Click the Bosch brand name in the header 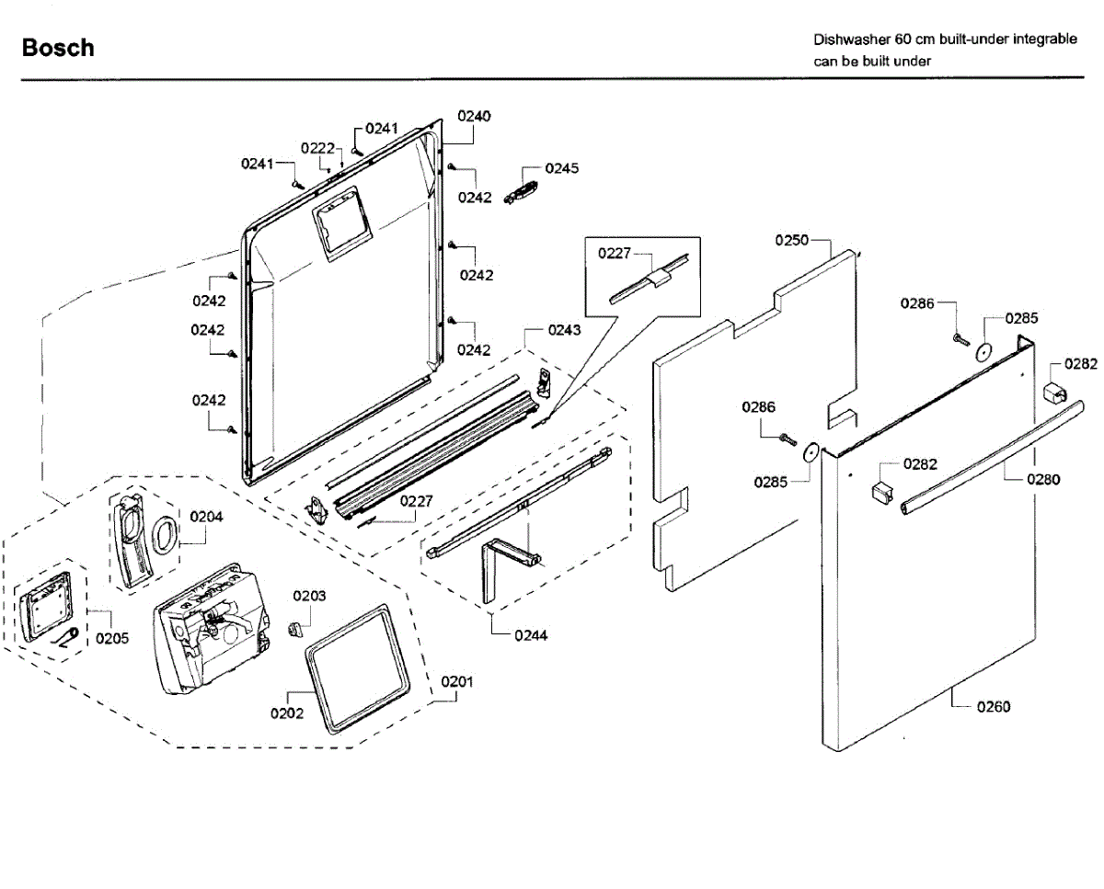coord(58,48)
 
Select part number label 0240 coord(474,117)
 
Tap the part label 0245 coord(562,168)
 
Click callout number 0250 coord(791,240)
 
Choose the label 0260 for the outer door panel coord(994,707)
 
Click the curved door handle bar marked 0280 coord(993,457)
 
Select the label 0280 coord(1043,479)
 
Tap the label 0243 coord(564,330)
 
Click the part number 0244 coord(531,636)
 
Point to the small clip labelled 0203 coord(294,629)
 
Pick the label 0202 coord(287,713)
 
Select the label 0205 coord(112,638)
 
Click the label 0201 coord(457,682)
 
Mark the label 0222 coord(317,148)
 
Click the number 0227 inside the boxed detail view coord(615,253)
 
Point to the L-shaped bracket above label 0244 coord(489,569)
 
